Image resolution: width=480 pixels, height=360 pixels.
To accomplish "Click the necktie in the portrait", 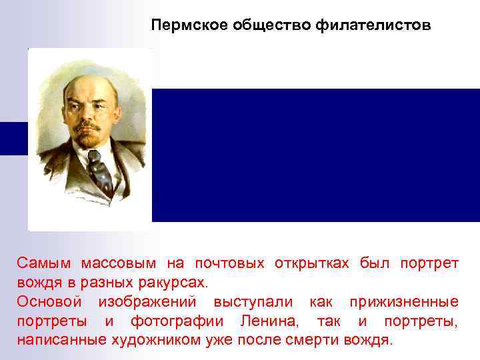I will tap(100, 170).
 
